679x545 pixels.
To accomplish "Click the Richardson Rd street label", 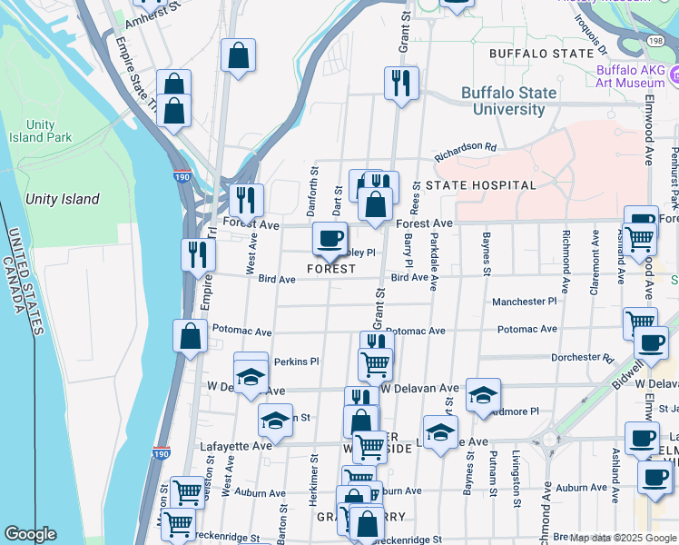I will pos(466,146).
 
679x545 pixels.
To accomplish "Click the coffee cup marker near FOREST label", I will pos(330,239).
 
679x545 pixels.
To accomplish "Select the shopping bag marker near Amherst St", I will pos(237,56).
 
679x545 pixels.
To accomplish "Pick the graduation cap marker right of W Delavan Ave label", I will pos(483,395).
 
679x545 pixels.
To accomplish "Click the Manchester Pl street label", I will pos(524,302).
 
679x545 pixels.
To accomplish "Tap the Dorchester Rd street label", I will pos(582,358).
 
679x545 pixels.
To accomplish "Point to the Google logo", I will pos(30,534).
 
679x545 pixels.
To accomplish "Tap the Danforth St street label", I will pos(314,186).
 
